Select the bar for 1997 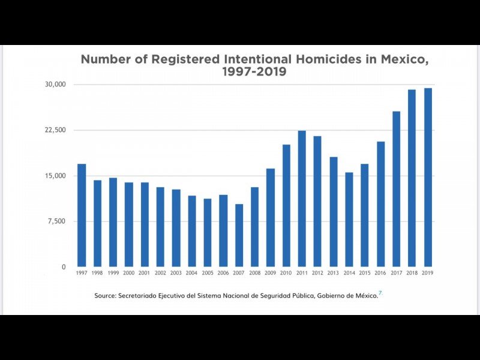pos(82,215)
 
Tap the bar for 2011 pos(302,199)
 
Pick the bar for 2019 pos(428,178)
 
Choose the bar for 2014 pos(349,220)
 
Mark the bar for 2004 pos(192,231)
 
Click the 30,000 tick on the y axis pos(56,85)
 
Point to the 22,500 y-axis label pos(56,130)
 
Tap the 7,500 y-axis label pos(58,221)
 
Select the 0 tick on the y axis pos(64,267)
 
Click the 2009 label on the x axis pos(271,273)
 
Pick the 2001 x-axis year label pos(145,273)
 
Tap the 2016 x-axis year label pos(380,273)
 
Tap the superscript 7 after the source pos(380,293)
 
